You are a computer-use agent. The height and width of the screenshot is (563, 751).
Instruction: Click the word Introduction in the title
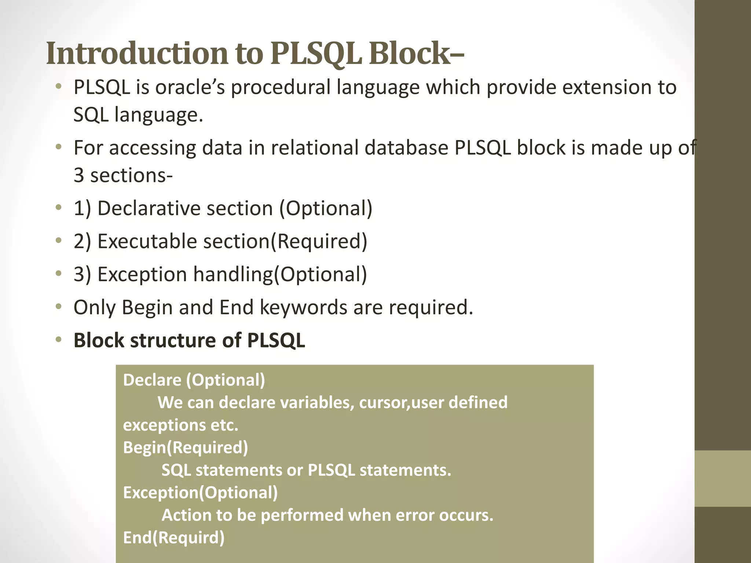click(136, 54)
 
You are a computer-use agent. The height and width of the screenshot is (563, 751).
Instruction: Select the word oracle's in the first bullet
click(190, 88)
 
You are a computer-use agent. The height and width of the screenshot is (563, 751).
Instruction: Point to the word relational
click(314, 148)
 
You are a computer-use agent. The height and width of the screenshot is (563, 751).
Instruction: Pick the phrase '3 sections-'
click(123, 175)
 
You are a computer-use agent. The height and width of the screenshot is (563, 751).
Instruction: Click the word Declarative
click(185, 208)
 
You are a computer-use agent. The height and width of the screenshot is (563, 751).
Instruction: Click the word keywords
click(303, 308)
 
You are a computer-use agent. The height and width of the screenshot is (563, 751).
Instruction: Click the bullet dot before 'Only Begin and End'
click(58, 307)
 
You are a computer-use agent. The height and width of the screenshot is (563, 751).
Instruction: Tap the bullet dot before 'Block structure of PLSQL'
click(58, 340)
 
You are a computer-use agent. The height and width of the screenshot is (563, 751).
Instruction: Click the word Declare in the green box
click(152, 380)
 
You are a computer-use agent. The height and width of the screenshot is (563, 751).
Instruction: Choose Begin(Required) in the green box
click(186, 448)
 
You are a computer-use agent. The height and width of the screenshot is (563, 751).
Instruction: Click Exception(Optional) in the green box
click(200, 493)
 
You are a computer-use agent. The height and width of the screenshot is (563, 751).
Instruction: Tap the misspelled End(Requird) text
click(173, 538)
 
